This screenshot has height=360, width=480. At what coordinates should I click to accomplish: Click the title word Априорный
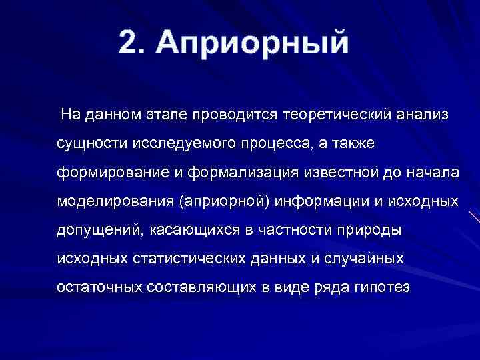click(x=253, y=43)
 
